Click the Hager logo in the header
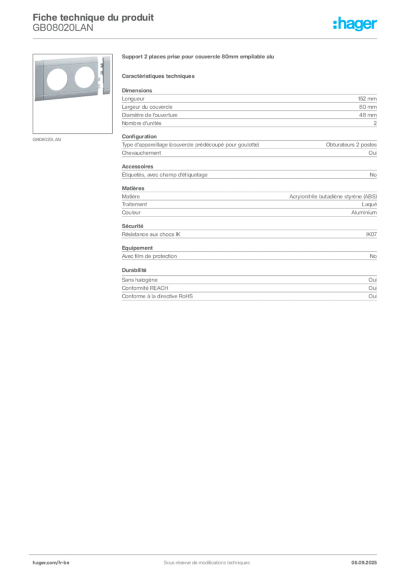pyautogui.click(x=355, y=24)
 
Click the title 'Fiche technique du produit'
pyautogui.click(x=93, y=17)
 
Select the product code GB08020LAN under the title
pyautogui.click(x=63, y=28)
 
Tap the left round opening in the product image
pyautogui.click(x=57, y=80)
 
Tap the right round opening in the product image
pyautogui.click(x=85, y=77)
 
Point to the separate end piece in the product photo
pyautogui.click(x=106, y=75)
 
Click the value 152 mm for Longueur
pyautogui.click(x=367, y=99)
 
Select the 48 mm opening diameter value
pyautogui.click(x=367, y=115)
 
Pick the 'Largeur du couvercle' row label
pyautogui.click(x=147, y=107)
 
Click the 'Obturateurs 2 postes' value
pyautogui.click(x=351, y=145)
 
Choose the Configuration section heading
pyautogui.click(x=139, y=137)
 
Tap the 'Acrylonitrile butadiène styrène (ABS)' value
pyautogui.click(x=333, y=197)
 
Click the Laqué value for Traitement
pyautogui.click(x=369, y=205)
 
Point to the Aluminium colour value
pyautogui.click(x=364, y=212)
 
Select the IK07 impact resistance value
pyautogui.click(x=371, y=234)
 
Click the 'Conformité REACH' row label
pyautogui.click(x=145, y=288)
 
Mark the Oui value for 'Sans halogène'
pyautogui.click(x=372, y=280)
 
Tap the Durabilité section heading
pyautogui.click(x=134, y=270)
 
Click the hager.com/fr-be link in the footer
pyautogui.click(x=51, y=563)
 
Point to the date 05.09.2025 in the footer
pyautogui.click(x=364, y=563)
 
